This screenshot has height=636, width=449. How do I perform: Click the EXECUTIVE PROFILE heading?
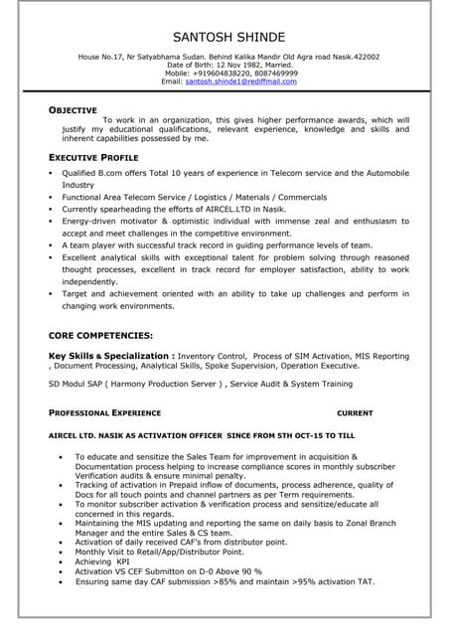[x=93, y=157]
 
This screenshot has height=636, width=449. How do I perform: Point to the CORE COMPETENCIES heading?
[x=100, y=336]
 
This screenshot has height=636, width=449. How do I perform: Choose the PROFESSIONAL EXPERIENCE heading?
[x=104, y=412]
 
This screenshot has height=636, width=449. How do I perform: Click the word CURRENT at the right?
[x=355, y=412]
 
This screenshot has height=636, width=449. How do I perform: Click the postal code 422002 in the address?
[x=360, y=58]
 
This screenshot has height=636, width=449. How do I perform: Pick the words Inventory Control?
[x=212, y=355]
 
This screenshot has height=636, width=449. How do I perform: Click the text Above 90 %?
[x=237, y=571]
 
